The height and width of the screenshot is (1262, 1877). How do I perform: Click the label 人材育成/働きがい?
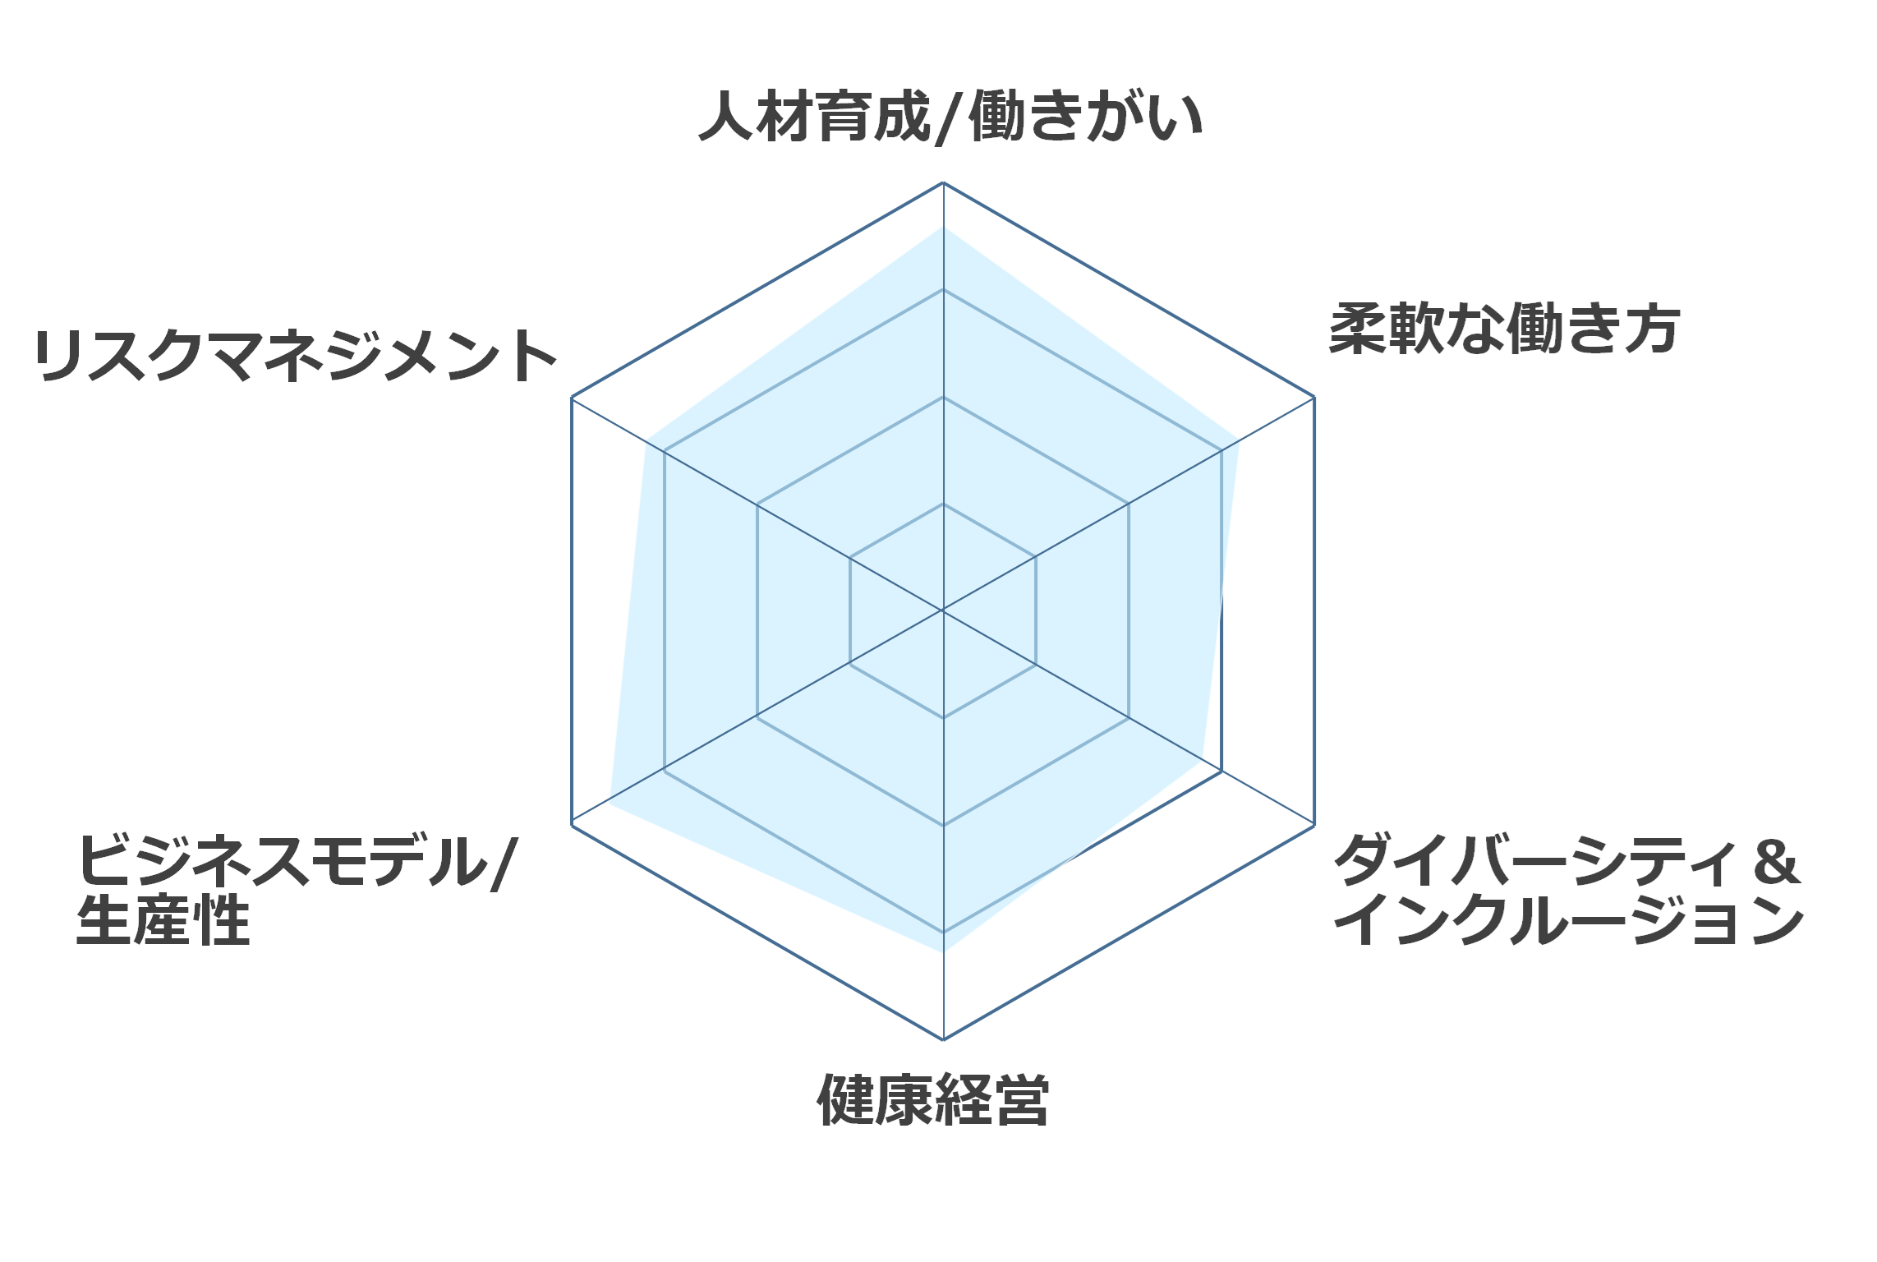[950, 117]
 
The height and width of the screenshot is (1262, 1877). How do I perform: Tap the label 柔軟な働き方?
[1504, 329]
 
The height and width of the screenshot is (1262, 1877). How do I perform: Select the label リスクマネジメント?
[297, 355]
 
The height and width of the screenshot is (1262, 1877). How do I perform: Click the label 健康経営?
[933, 1099]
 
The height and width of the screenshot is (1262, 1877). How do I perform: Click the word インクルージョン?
[1569, 919]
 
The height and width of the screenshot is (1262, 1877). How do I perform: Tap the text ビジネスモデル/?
[297, 861]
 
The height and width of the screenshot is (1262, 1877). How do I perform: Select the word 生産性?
[163, 919]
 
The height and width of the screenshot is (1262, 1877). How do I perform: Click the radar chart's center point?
[943, 610]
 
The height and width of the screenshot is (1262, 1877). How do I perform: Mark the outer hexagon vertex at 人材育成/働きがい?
[943, 182]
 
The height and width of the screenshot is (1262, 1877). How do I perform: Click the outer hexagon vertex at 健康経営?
[943, 1039]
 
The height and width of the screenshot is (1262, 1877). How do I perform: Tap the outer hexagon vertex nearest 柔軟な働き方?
[1314, 398]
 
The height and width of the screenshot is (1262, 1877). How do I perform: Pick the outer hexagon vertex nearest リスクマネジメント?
[572, 398]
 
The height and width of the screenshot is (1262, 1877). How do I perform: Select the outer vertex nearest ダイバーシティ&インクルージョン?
[1314, 824]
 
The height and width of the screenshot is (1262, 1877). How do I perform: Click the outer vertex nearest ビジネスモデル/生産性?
[572, 824]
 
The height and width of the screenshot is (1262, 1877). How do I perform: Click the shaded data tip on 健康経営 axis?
[943, 951]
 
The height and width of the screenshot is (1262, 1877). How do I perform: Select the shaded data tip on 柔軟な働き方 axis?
[1239, 440]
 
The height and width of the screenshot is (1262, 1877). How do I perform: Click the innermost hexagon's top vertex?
[943, 504]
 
